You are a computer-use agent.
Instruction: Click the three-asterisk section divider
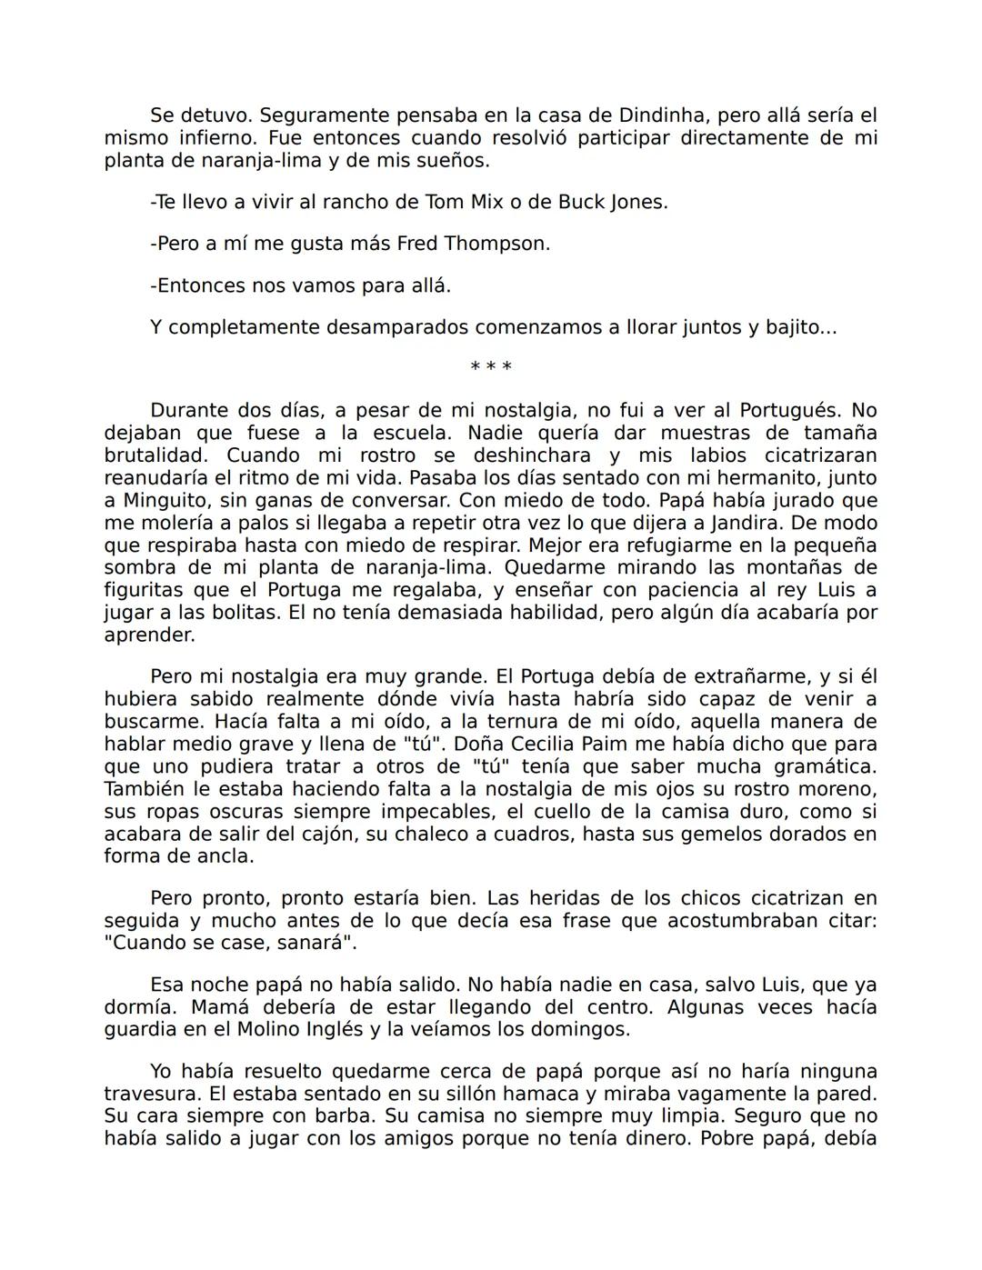491,367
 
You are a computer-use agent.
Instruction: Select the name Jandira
805,523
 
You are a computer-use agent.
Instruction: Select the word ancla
225,856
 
